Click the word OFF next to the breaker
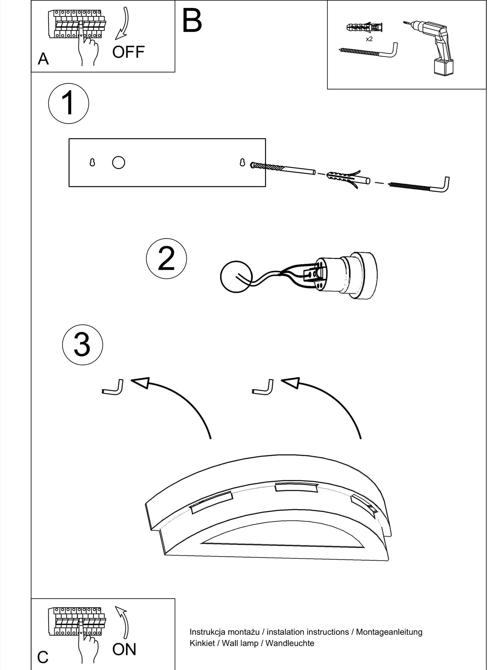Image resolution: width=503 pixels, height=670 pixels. click(x=128, y=52)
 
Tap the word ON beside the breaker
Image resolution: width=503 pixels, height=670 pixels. click(x=124, y=649)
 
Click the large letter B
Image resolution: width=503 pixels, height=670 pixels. click(x=192, y=20)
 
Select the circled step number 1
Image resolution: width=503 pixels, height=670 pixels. click(x=69, y=103)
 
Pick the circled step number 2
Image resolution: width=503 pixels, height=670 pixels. click(x=166, y=258)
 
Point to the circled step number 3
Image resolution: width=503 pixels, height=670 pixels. click(x=82, y=345)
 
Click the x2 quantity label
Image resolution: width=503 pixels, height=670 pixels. click(x=369, y=39)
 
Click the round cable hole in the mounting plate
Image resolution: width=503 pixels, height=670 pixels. click(x=118, y=162)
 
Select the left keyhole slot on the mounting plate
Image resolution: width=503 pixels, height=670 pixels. click(x=92, y=162)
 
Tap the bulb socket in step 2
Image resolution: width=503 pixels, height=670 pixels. click(x=345, y=275)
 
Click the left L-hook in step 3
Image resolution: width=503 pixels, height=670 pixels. click(x=113, y=389)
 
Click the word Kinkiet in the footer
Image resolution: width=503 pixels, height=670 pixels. click(x=202, y=643)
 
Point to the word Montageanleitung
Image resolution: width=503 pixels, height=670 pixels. click(x=389, y=632)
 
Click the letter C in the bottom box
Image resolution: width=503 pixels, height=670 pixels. click(x=43, y=657)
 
